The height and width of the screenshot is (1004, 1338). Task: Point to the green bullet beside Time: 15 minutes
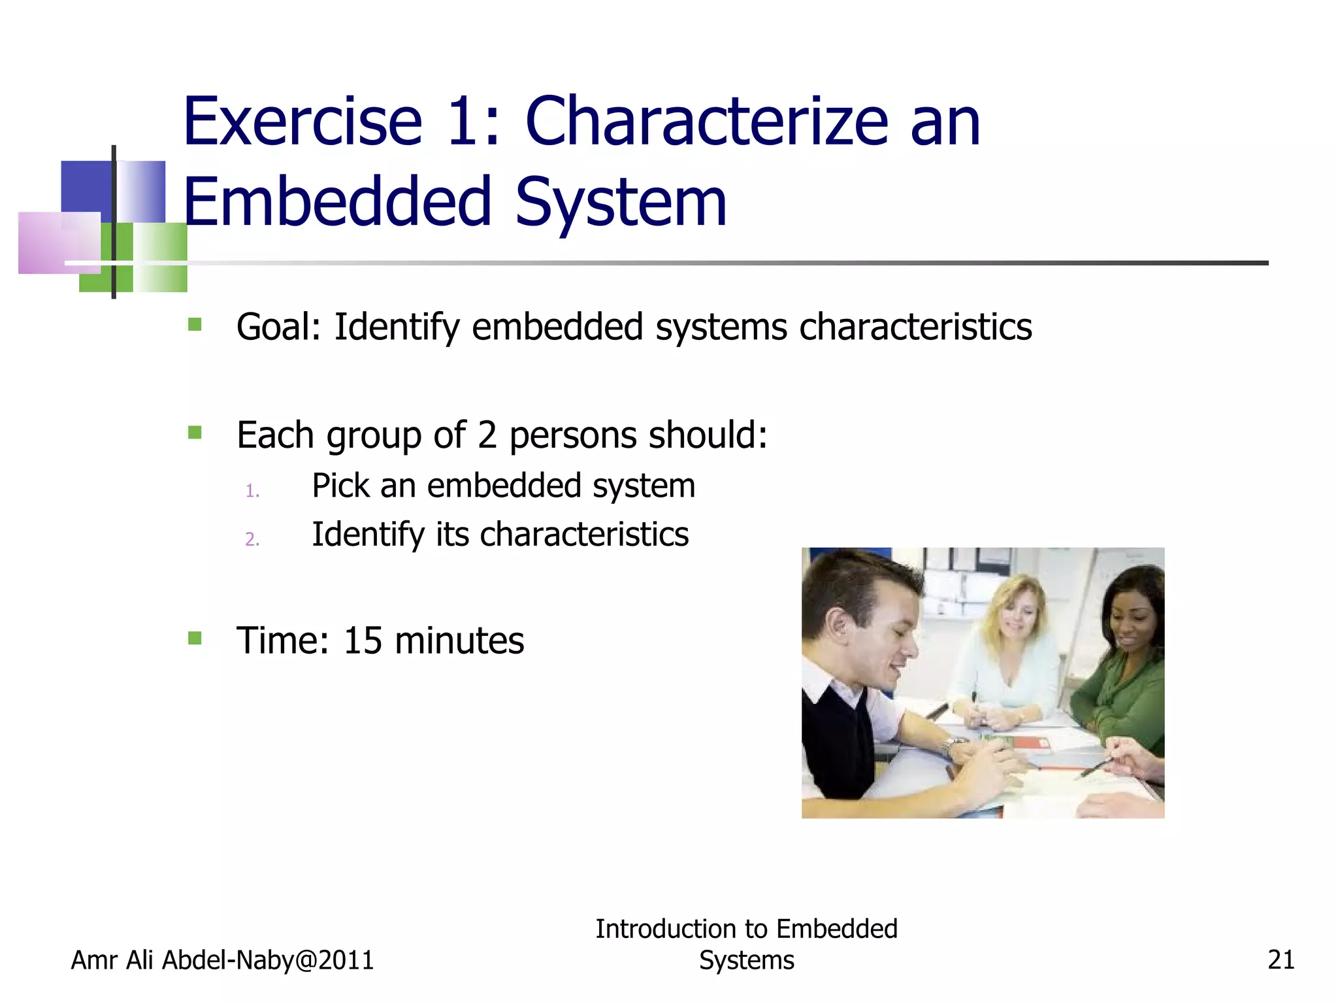(195, 638)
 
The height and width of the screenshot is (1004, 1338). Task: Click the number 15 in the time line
(363, 641)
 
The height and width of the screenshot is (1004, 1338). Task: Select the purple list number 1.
(252, 491)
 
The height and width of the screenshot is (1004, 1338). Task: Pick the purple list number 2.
(252, 539)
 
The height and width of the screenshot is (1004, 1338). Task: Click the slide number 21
(1281, 960)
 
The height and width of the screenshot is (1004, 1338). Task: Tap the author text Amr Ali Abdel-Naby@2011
(222, 960)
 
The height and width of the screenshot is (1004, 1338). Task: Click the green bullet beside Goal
(195, 325)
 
